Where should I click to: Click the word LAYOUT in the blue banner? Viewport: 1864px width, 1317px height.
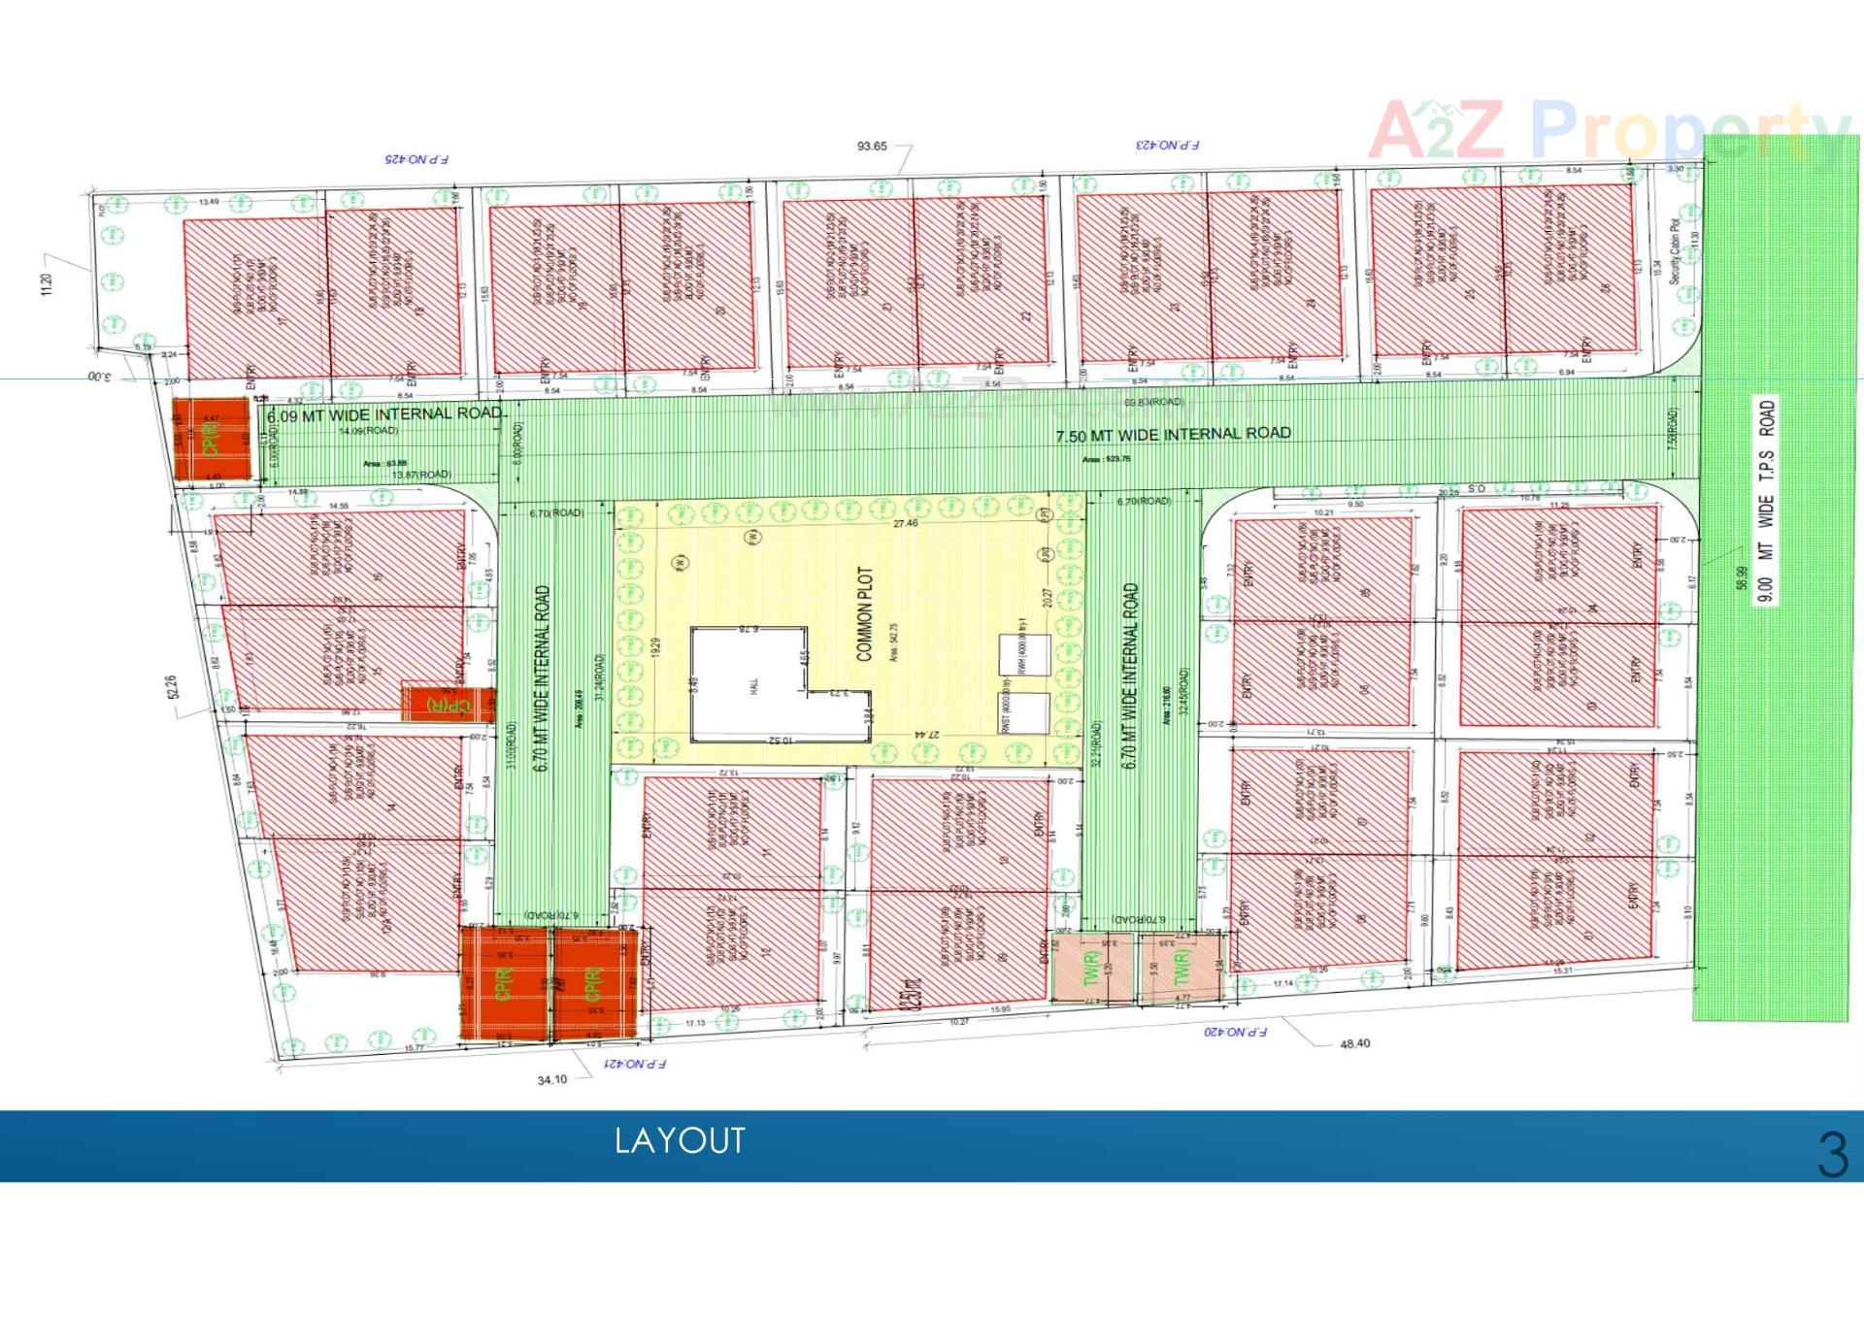(680, 1140)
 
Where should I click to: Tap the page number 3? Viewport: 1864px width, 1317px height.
(1832, 1155)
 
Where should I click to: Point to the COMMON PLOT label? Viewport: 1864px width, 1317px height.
(864, 614)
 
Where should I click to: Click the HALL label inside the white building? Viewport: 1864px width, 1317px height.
(753, 685)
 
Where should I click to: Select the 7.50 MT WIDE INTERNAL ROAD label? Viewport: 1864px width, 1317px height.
(1173, 434)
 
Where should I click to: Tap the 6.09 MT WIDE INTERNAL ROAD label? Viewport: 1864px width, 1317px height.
(384, 414)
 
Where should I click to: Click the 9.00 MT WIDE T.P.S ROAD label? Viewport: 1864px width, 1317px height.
(1766, 501)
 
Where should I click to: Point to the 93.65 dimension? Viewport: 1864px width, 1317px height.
(872, 147)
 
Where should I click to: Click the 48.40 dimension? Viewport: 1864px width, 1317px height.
(1354, 1044)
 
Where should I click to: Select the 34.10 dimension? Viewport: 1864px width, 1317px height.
(552, 1079)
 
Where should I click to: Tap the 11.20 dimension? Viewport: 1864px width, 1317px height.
(48, 284)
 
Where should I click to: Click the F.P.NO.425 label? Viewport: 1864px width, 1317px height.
(416, 158)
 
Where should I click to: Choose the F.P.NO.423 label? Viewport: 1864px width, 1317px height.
(1167, 145)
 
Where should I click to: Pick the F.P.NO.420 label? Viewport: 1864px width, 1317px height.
(1235, 1032)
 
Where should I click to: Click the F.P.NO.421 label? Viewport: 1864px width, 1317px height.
(635, 1064)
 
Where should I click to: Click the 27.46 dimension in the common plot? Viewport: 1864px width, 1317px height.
(905, 523)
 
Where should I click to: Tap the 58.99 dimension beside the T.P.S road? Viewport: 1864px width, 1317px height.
(1741, 577)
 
